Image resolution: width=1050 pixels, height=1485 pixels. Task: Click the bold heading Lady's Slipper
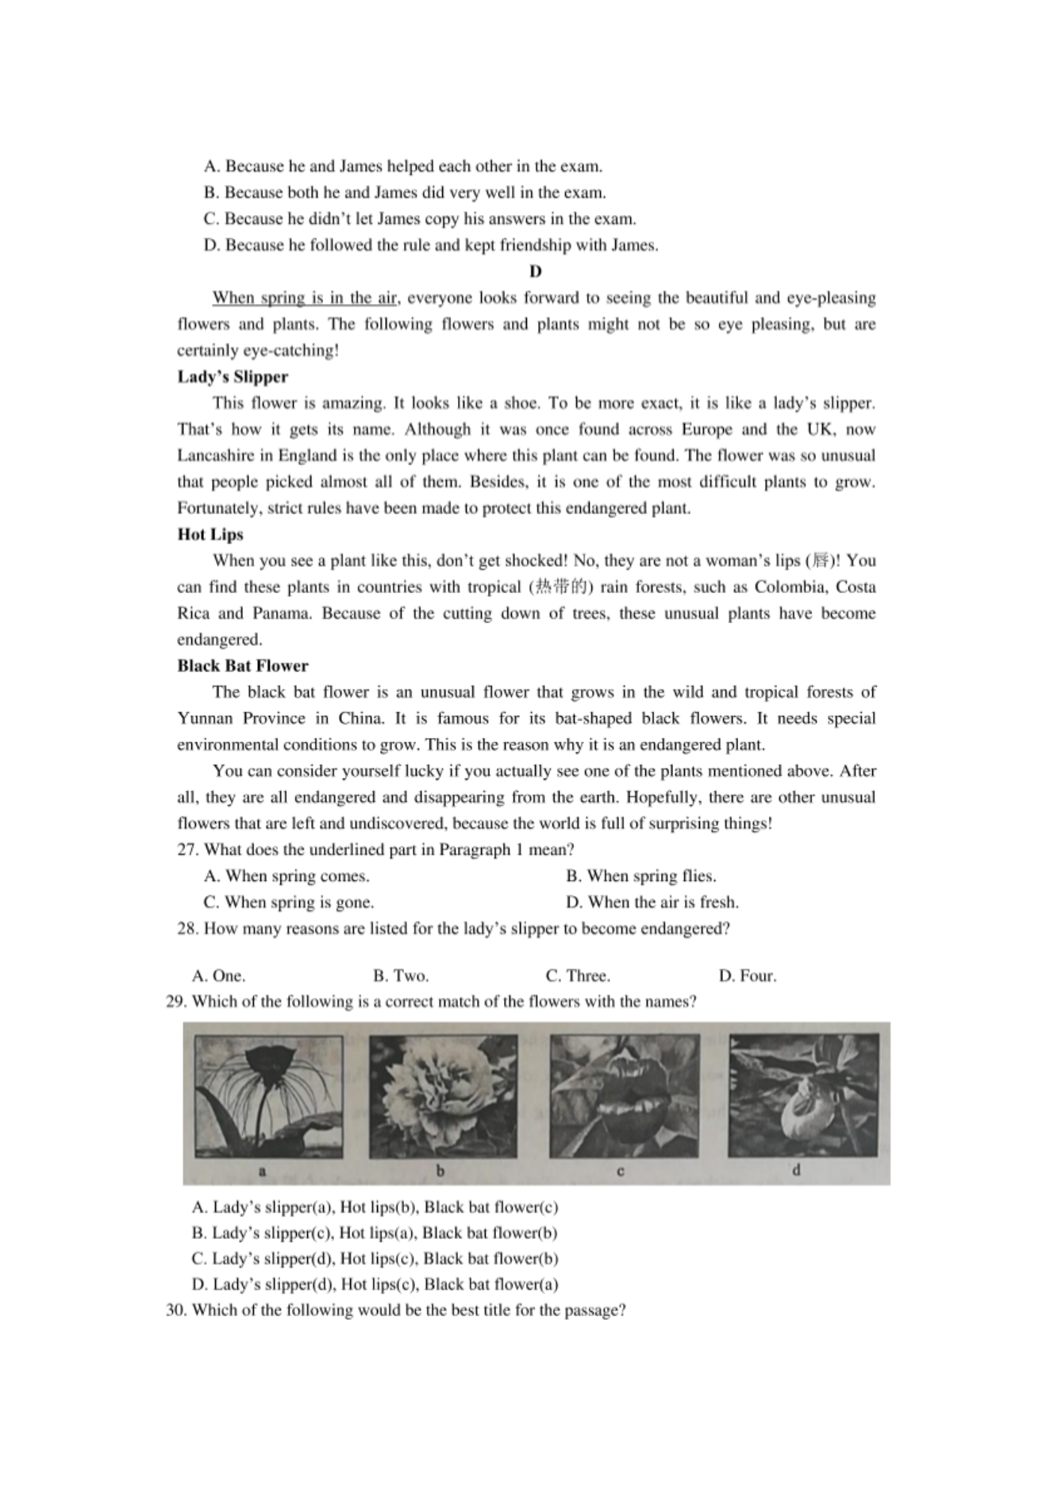pyautogui.click(x=233, y=377)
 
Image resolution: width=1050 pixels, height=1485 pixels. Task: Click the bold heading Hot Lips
pyautogui.click(x=210, y=534)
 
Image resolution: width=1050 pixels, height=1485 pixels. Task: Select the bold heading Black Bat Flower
pyautogui.click(x=243, y=666)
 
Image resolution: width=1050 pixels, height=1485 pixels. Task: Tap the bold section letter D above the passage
pyautogui.click(x=535, y=271)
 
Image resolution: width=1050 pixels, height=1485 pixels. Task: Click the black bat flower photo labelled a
pyautogui.click(x=268, y=1096)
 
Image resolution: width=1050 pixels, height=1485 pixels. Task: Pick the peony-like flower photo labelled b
pyautogui.click(x=443, y=1096)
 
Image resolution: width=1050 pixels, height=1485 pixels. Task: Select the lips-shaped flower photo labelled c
pyautogui.click(x=624, y=1096)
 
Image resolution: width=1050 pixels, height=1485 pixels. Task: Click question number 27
pyautogui.click(x=187, y=850)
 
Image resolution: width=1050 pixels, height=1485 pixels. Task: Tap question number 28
pyautogui.click(x=187, y=929)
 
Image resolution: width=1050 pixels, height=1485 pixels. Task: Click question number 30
pyautogui.click(x=175, y=1310)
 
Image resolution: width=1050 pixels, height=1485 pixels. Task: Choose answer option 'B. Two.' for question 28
pyautogui.click(x=401, y=976)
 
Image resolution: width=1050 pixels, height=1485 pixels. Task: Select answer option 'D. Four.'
pyautogui.click(x=748, y=976)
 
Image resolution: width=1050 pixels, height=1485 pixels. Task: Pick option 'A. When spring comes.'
pyautogui.click(x=287, y=876)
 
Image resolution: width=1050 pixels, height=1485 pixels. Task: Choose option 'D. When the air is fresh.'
pyautogui.click(x=652, y=902)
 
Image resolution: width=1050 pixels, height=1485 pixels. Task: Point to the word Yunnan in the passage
pyautogui.click(x=205, y=718)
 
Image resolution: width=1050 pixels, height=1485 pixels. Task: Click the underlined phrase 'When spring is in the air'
pyautogui.click(x=304, y=298)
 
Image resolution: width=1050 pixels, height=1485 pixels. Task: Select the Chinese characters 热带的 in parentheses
pyautogui.click(x=561, y=587)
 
